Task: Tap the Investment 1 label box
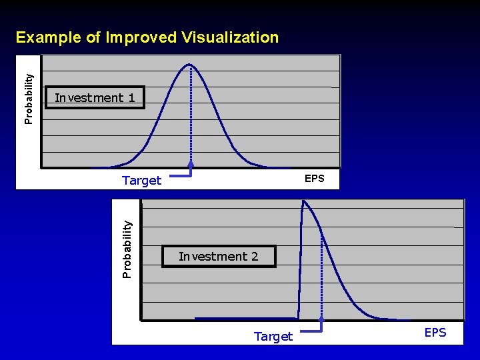94,98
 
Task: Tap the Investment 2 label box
218,257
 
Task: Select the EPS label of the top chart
314,179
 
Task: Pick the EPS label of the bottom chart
435,333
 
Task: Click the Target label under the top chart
141,181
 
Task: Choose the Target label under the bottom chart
273,337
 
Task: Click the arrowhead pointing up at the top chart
191,165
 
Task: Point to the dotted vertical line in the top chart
191,113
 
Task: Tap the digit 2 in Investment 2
254,257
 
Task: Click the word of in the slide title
94,37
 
